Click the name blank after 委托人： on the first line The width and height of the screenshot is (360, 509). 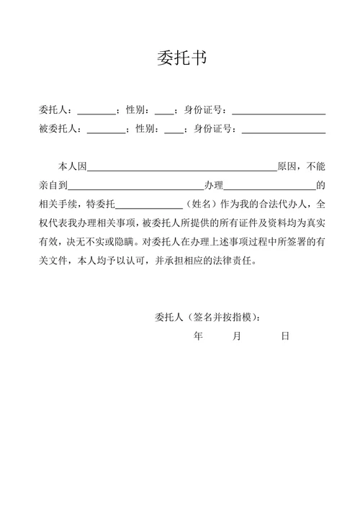[x=96, y=112]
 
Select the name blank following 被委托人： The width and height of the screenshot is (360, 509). [x=105, y=130]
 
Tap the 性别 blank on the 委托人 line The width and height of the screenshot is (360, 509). [x=163, y=112]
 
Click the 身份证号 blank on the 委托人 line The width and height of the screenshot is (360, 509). [x=279, y=112]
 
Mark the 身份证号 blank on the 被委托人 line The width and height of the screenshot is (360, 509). [x=284, y=130]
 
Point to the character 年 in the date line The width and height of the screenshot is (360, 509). [x=199, y=336]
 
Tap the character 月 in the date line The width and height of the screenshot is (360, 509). [x=237, y=336]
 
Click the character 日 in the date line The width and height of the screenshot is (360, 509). [x=285, y=336]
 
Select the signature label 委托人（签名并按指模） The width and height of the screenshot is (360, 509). [x=207, y=317]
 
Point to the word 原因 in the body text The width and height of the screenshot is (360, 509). [x=287, y=166]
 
